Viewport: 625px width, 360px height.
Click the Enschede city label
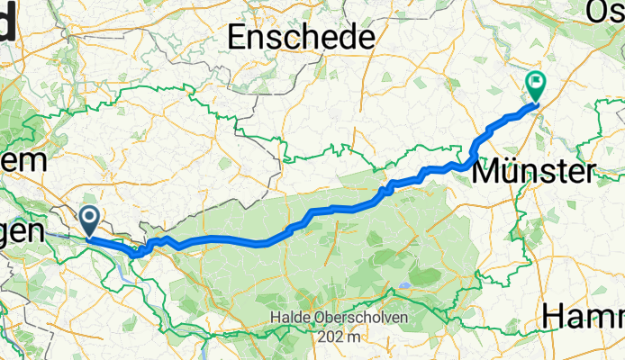pyautogui.click(x=302, y=38)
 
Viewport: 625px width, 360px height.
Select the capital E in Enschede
pyautogui.click(x=238, y=38)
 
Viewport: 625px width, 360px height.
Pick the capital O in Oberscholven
pyautogui.click(x=320, y=319)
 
